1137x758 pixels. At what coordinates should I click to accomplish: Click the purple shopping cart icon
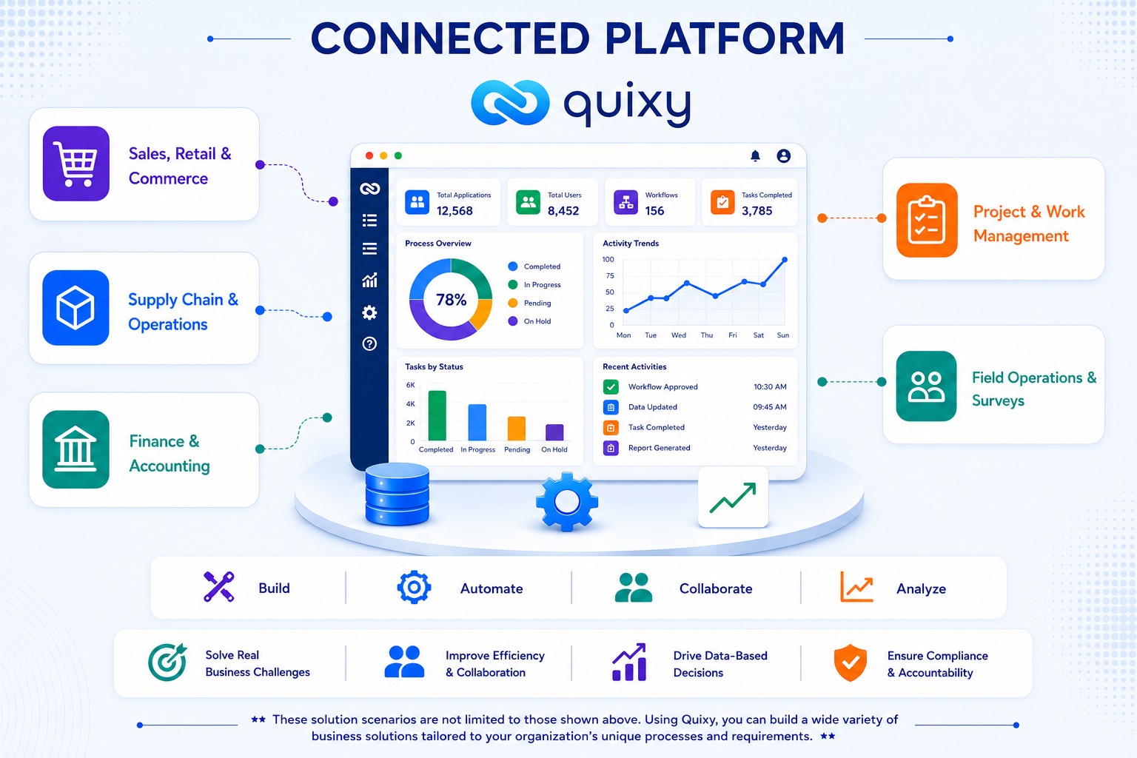pos(76,164)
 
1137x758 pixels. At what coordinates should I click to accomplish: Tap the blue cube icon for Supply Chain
pos(76,308)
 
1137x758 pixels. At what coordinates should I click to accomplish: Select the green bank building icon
pos(76,449)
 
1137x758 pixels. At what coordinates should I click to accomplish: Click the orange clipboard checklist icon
pos(927,221)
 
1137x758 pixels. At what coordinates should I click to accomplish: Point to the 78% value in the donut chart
pos(451,300)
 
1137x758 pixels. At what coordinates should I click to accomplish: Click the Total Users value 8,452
pos(563,211)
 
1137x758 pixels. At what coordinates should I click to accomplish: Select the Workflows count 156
pos(654,211)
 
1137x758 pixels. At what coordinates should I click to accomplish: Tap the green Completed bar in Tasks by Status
pos(437,415)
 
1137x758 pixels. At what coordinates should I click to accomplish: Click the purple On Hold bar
pos(554,432)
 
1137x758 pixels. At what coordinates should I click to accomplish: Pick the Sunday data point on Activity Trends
pos(785,259)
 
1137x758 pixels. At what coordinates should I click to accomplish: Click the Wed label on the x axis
pos(679,335)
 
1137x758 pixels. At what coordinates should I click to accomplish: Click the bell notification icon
pos(755,156)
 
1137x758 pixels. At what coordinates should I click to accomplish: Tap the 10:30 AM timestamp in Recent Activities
pos(770,387)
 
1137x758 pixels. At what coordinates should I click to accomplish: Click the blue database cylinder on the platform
pos(398,494)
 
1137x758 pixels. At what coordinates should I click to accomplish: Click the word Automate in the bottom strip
pos(492,588)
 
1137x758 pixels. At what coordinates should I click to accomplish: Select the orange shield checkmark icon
pos(851,663)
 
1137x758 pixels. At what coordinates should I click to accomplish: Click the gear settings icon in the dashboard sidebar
pos(369,312)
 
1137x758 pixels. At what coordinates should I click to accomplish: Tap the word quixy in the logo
pos(628,103)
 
